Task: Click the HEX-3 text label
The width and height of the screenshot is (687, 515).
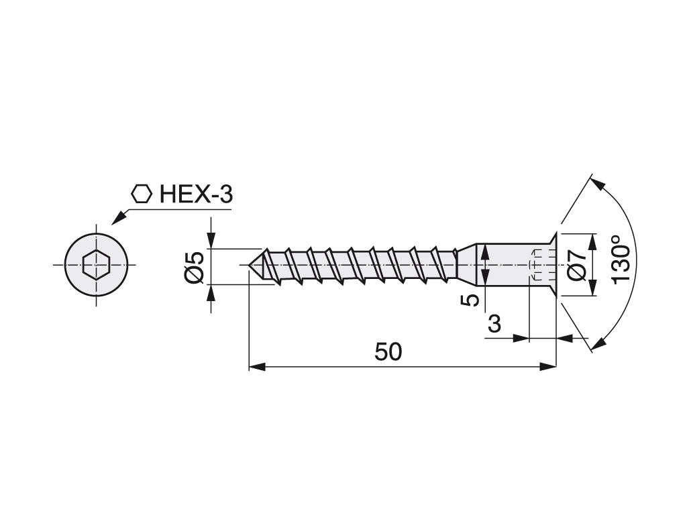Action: (x=196, y=194)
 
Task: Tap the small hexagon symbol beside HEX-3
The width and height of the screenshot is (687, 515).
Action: (x=142, y=194)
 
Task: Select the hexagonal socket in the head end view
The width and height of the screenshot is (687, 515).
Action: (x=96, y=264)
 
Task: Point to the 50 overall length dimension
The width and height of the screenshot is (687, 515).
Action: (x=388, y=351)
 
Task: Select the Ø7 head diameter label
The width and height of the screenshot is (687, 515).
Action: (x=576, y=266)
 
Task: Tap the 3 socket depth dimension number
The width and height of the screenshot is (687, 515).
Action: (x=494, y=324)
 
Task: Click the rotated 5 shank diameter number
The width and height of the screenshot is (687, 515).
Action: (x=470, y=300)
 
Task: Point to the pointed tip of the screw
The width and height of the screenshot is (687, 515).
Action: (x=249, y=265)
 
